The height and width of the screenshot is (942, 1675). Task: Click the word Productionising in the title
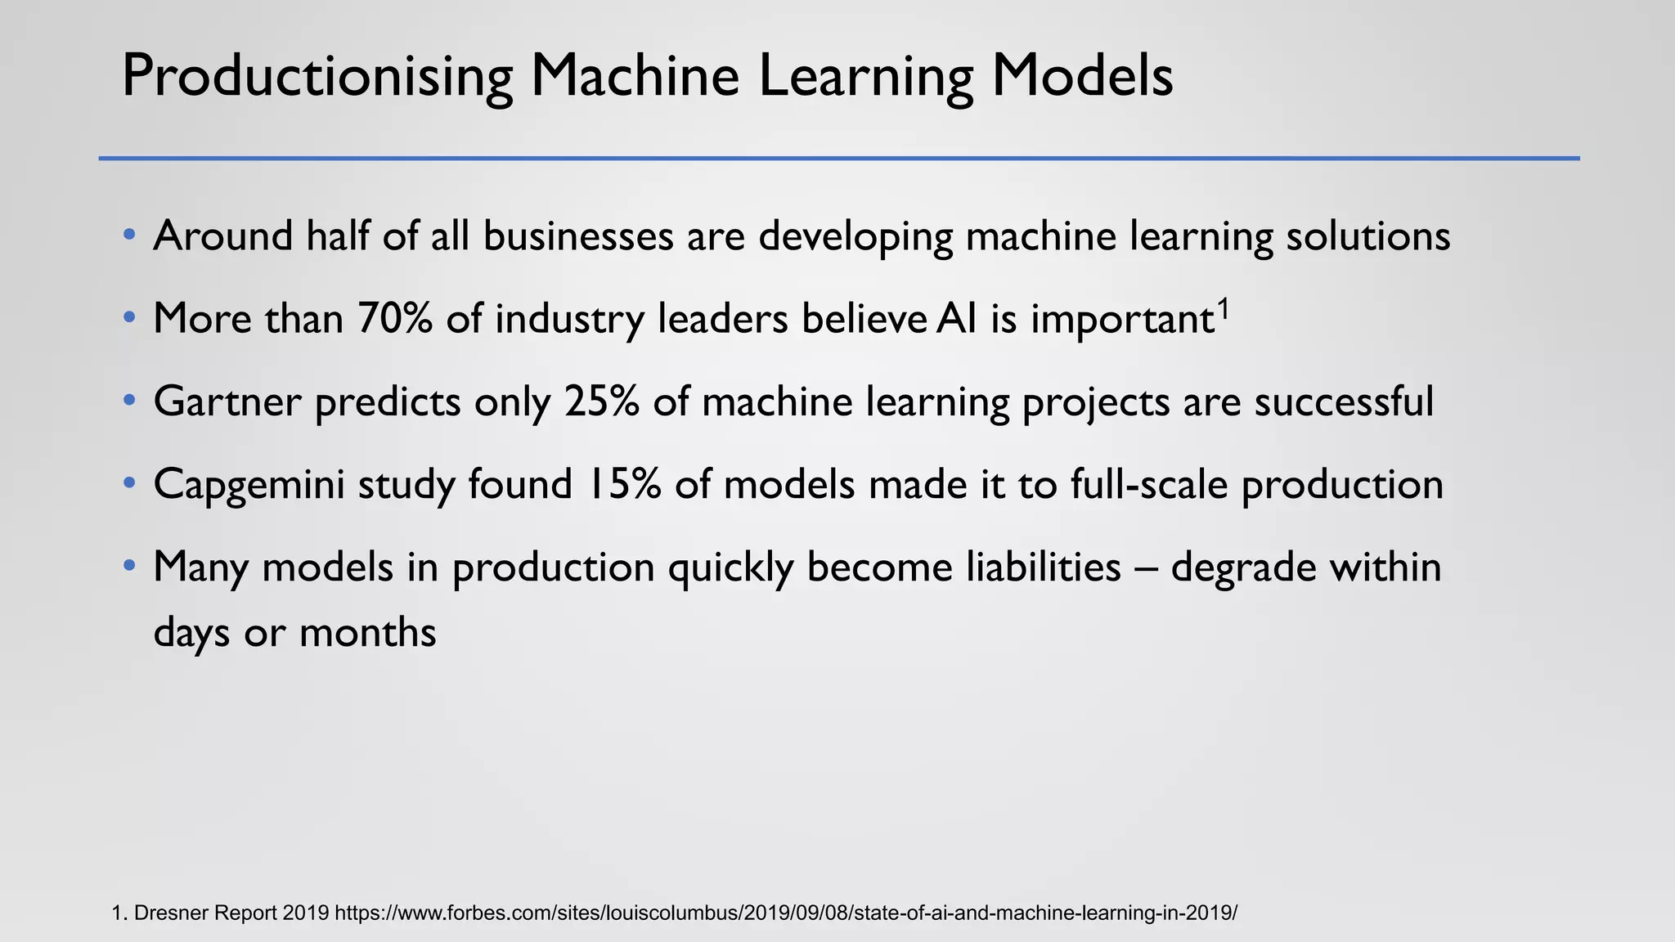click(317, 77)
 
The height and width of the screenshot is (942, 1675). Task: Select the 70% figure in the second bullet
click(394, 318)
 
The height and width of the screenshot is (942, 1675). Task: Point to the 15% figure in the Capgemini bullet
click(623, 484)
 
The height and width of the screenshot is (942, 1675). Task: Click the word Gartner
click(227, 401)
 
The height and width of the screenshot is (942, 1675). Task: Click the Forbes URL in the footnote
click(786, 913)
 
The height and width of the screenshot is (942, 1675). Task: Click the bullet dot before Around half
click(128, 235)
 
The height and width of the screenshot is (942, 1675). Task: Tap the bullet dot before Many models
click(128, 566)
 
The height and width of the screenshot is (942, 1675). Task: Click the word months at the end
click(367, 632)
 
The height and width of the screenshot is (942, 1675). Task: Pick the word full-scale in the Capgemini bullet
click(1149, 484)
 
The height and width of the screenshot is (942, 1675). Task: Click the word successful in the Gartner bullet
click(1344, 401)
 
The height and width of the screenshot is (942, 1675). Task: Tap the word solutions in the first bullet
click(1368, 235)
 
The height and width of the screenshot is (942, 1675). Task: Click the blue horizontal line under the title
click(838, 158)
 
